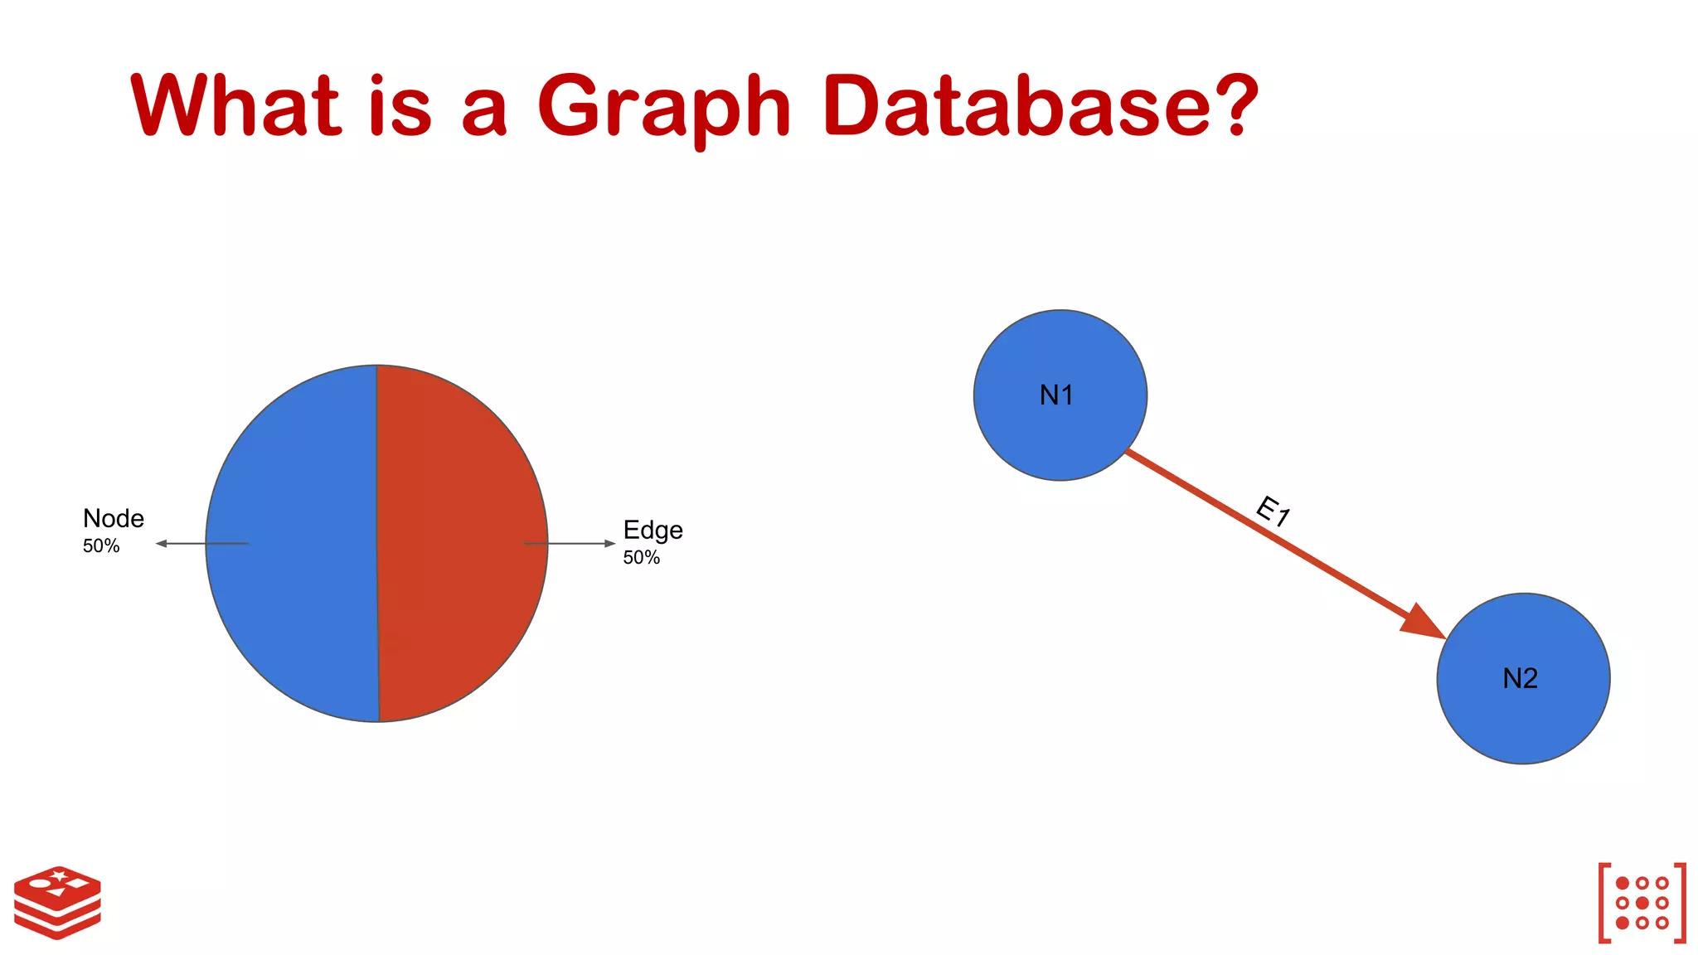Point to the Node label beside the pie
(x=114, y=519)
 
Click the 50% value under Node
(x=101, y=546)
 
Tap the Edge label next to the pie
(x=653, y=531)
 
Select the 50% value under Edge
(x=641, y=558)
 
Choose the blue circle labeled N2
(x=1523, y=721)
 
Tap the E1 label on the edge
(x=1273, y=511)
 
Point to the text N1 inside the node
(x=1056, y=395)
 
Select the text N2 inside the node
(x=1520, y=679)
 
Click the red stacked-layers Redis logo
(x=57, y=903)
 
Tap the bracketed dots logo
(x=1642, y=903)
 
